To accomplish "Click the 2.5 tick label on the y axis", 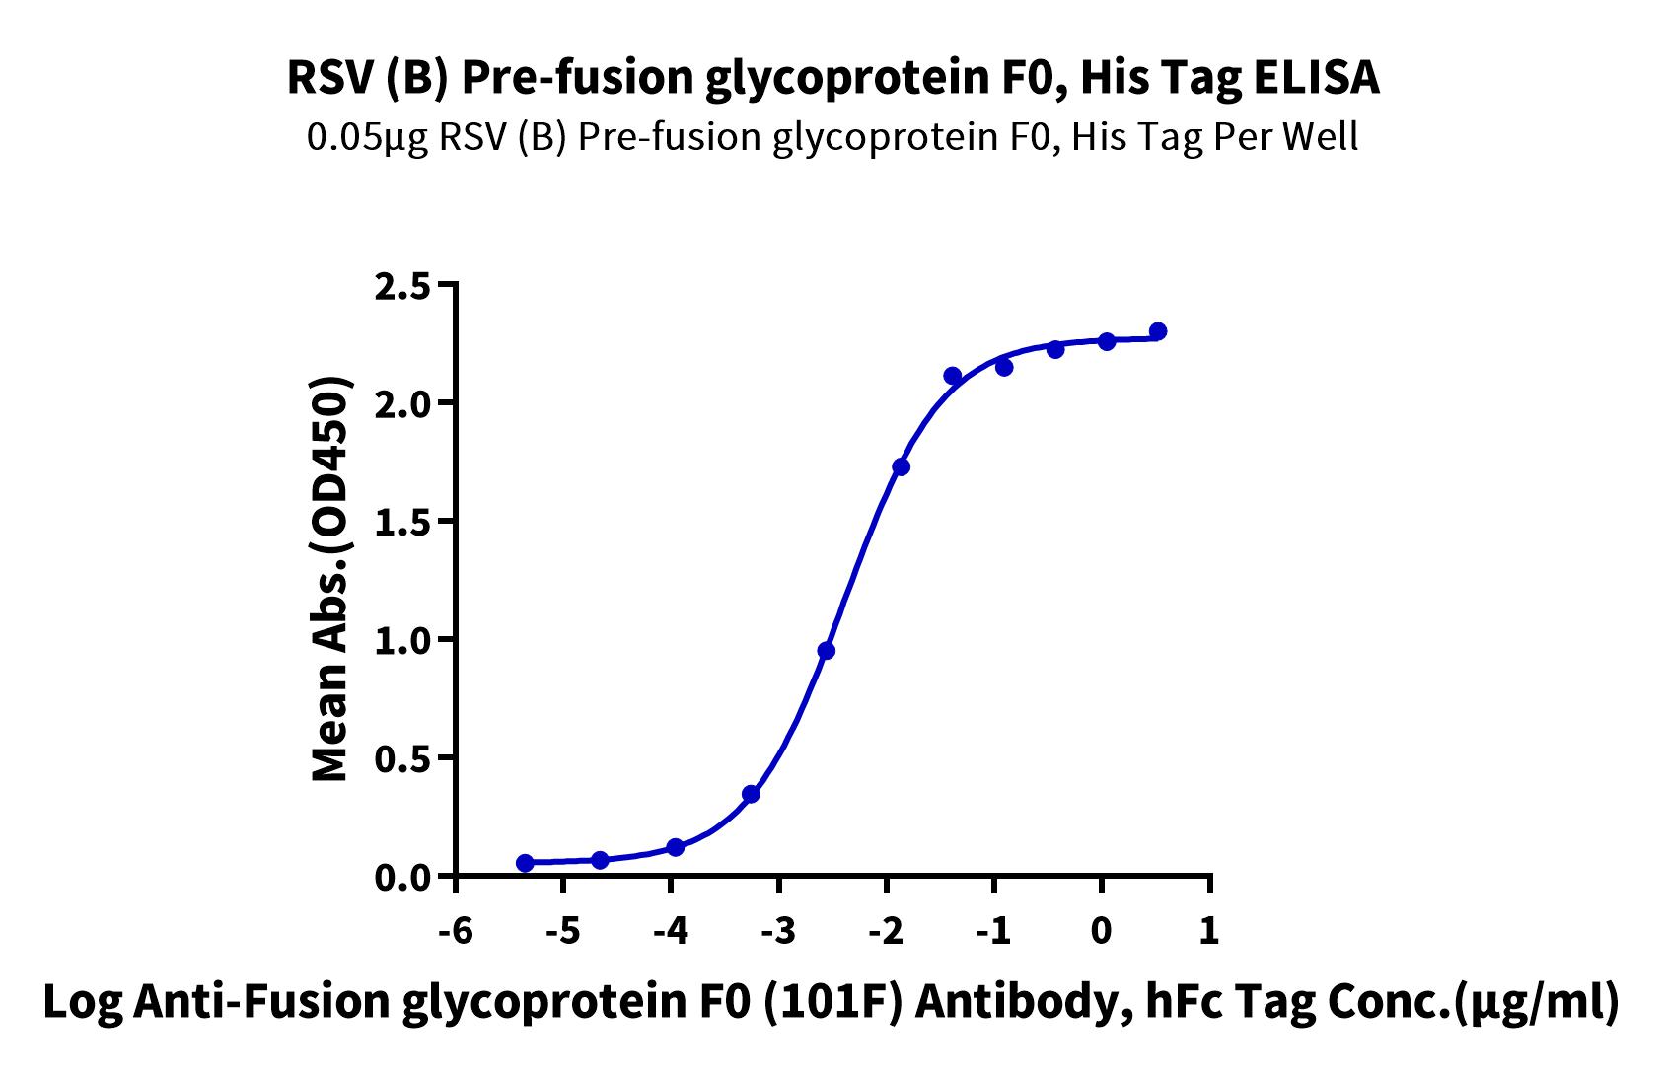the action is pyautogui.click(x=401, y=288).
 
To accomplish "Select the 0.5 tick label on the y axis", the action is pyautogui.click(x=401, y=761).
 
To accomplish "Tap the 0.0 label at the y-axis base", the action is pyautogui.click(x=401, y=878).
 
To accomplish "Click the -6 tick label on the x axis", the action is pyautogui.click(x=456, y=930).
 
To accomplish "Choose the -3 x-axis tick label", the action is pyautogui.click(x=778, y=930).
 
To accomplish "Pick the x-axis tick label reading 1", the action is pyautogui.click(x=1210, y=930).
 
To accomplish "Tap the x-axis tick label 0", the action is pyautogui.click(x=1103, y=930).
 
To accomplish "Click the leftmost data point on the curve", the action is pyautogui.click(x=525, y=863).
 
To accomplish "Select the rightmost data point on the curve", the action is pyautogui.click(x=1157, y=331).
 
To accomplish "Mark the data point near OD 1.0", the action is pyautogui.click(x=826, y=651).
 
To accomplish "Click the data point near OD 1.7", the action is pyautogui.click(x=902, y=466).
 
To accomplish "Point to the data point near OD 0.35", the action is pyautogui.click(x=751, y=794).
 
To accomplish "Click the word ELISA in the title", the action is pyautogui.click(x=1317, y=78).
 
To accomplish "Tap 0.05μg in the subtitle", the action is pyautogui.click(x=368, y=138).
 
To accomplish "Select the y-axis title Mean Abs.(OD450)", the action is pyautogui.click(x=329, y=580).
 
